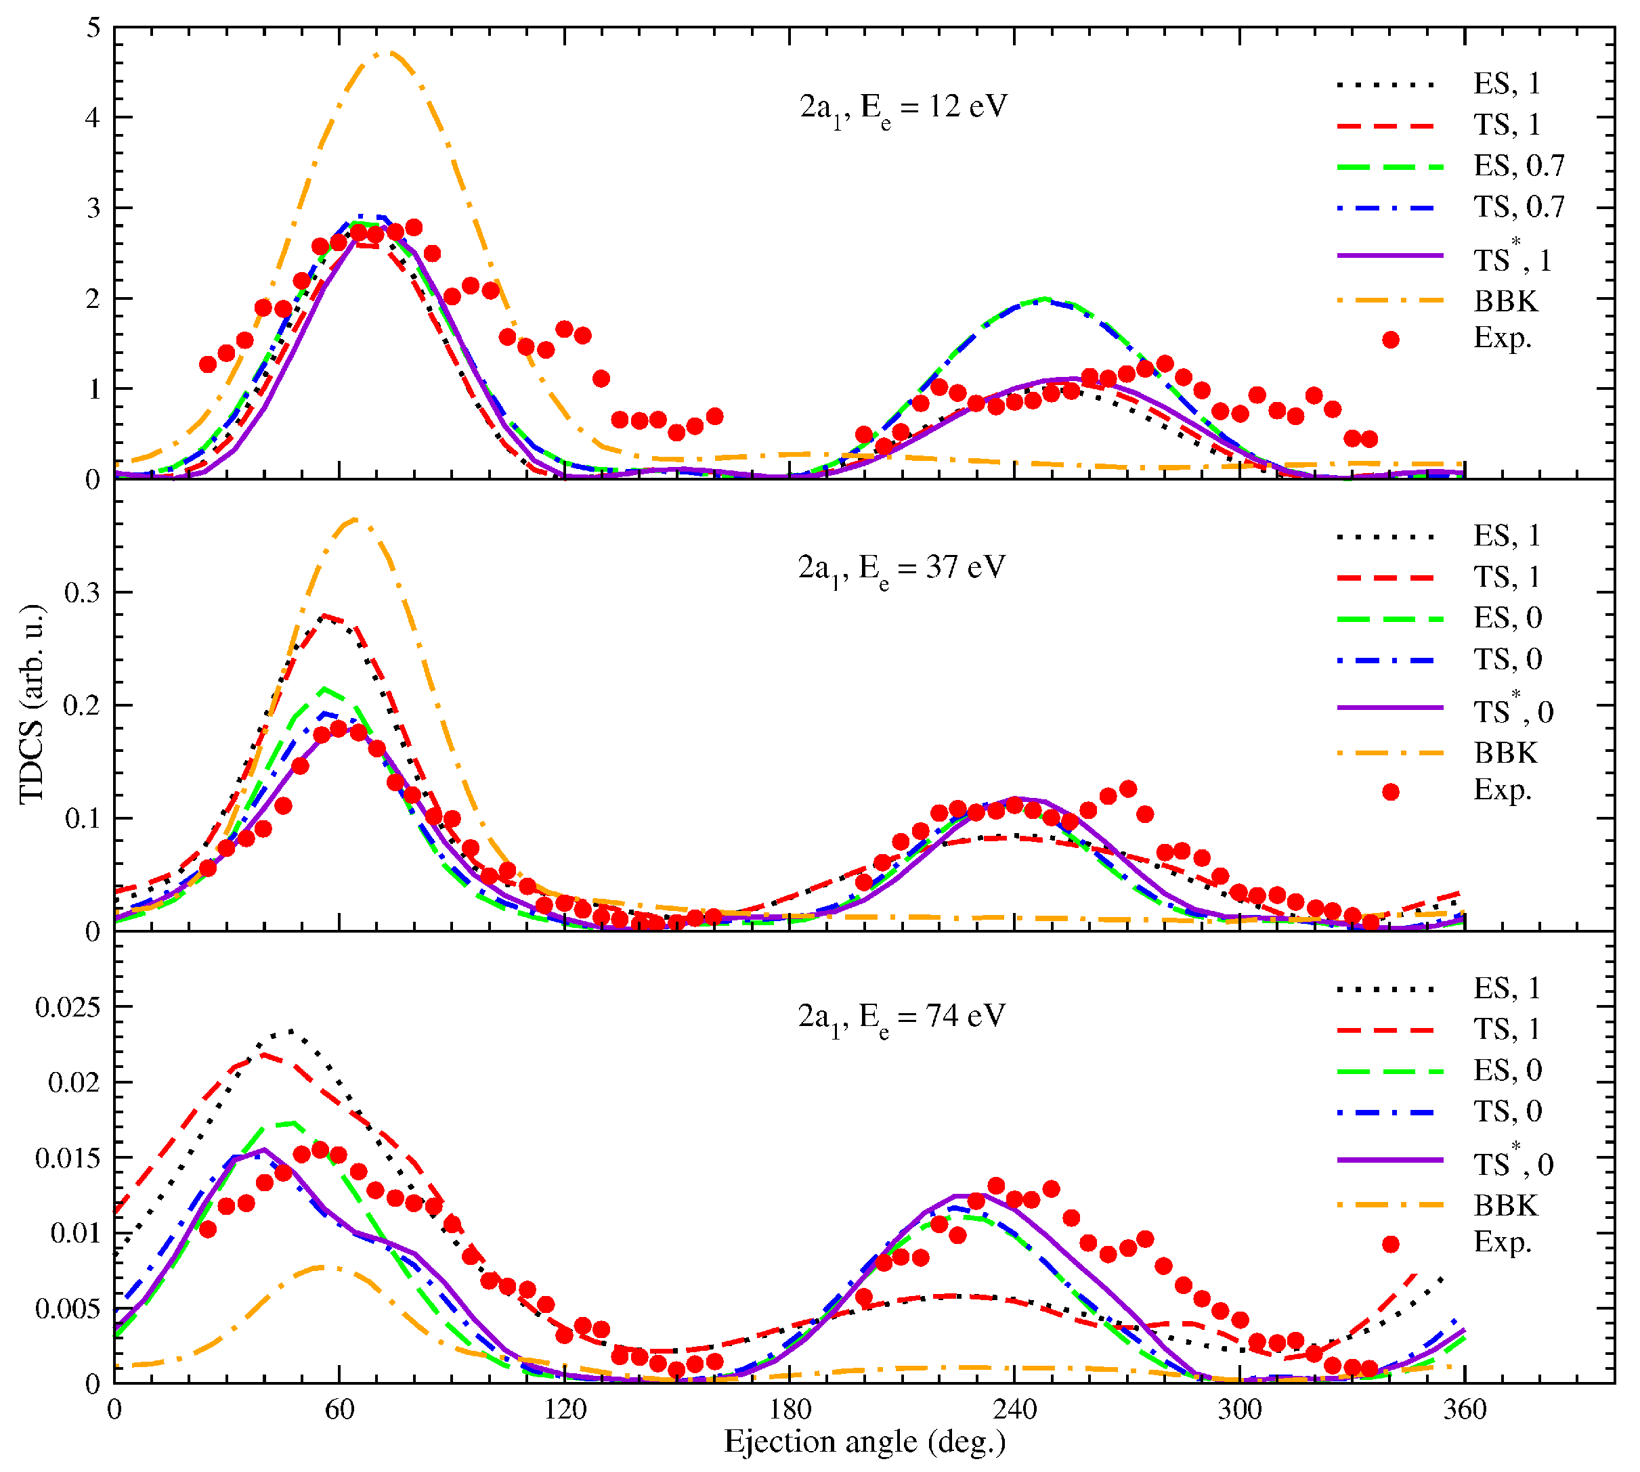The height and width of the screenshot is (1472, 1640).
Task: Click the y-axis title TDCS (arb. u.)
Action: coord(33,704)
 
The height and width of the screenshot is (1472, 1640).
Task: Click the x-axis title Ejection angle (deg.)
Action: coord(864,1442)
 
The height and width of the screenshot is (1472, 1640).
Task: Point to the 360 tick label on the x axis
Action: coord(1465,1410)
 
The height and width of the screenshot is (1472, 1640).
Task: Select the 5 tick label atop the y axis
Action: coord(94,28)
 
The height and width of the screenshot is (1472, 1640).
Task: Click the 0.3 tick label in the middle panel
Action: coord(83,593)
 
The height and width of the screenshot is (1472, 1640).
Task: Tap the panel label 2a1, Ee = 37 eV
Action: coord(901,568)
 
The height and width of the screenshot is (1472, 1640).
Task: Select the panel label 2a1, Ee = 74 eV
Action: coord(901,1017)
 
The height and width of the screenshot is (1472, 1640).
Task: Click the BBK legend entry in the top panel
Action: coord(1505,302)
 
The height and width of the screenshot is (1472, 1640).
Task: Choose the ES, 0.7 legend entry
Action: coord(1519,166)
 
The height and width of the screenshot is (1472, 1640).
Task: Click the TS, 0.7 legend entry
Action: coord(1519,208)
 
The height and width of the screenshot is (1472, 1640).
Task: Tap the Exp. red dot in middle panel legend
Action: coord(1390,792)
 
